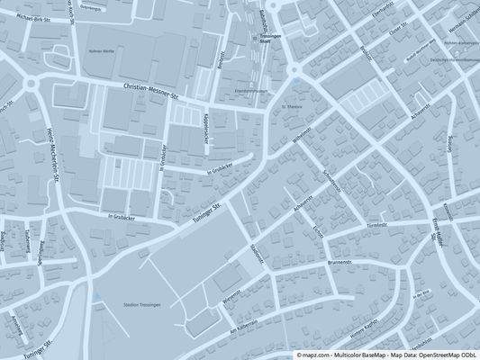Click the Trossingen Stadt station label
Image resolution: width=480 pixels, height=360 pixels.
click(x=270, y=39)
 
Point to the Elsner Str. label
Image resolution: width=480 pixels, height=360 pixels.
click(x=399, y=30)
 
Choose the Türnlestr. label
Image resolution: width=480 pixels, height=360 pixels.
click(x=376, y=224)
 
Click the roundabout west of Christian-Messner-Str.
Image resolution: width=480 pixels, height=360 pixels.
click(x=33, y=85)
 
